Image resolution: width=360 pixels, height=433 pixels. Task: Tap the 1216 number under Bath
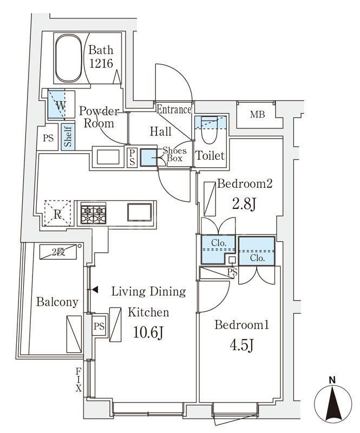click(x=101, y=63)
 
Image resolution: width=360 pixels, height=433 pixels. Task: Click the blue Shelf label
click(x=68, y=137)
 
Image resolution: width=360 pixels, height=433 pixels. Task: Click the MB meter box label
click(x=258, y=114)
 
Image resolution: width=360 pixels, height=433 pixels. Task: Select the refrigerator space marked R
click(x=57, y=214)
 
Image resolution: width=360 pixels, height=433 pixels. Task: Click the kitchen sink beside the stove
click(x=139, y=212)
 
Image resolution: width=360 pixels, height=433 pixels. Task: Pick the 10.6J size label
click(x=148, y=332)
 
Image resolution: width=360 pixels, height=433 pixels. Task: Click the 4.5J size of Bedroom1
click(x=241, y=345)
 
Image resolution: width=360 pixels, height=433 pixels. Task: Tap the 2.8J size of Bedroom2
click(x=244, y=205)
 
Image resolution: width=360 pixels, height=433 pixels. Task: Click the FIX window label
click(x=78, y=379)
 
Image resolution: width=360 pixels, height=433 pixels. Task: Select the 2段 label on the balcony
click(x=58, y=252)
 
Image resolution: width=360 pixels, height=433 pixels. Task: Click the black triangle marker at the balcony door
click(x=95, y=290)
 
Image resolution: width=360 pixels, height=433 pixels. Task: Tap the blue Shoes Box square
click(x=148, y=158)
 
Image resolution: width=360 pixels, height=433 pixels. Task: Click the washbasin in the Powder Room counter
click(x=108, y=157)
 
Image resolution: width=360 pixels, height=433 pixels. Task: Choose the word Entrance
click(x=174, y=110)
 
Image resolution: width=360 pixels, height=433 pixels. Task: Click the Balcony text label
click(x=57, y=302)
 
